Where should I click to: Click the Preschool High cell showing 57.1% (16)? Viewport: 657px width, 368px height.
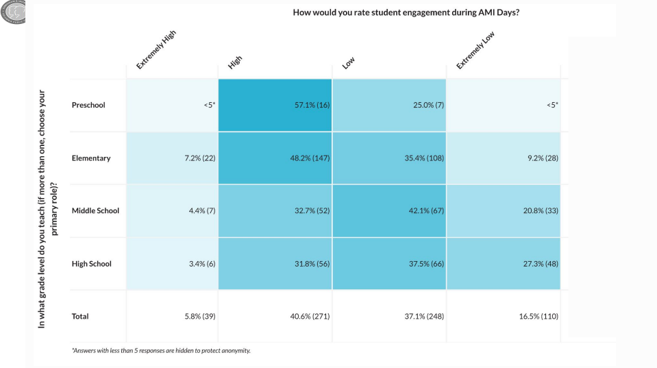[275, 105]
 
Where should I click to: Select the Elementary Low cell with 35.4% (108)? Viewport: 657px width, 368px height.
[389, 158]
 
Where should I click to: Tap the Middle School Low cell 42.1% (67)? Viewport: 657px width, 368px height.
[389, 211]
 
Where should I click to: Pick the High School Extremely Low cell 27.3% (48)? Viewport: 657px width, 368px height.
[504, 264]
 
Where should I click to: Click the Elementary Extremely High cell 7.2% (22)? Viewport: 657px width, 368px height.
[172, 158]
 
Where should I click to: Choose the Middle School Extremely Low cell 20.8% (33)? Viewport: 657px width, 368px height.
[504, 211]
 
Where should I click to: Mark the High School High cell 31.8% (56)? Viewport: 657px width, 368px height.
[275, 264]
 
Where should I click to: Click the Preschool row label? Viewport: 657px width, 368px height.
[88, 106]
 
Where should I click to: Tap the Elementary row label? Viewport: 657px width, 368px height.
[91, 158]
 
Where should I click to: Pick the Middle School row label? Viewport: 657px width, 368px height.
[95, 211]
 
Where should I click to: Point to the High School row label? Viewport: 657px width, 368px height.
[91, 264]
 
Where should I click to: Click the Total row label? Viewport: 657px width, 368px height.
[80, 317]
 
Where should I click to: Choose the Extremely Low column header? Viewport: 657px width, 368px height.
[475, 51]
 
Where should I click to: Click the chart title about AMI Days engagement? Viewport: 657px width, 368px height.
[406, 12]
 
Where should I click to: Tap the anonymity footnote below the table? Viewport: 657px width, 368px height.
[161, 351]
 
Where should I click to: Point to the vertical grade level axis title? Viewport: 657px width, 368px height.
[48, 208]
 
